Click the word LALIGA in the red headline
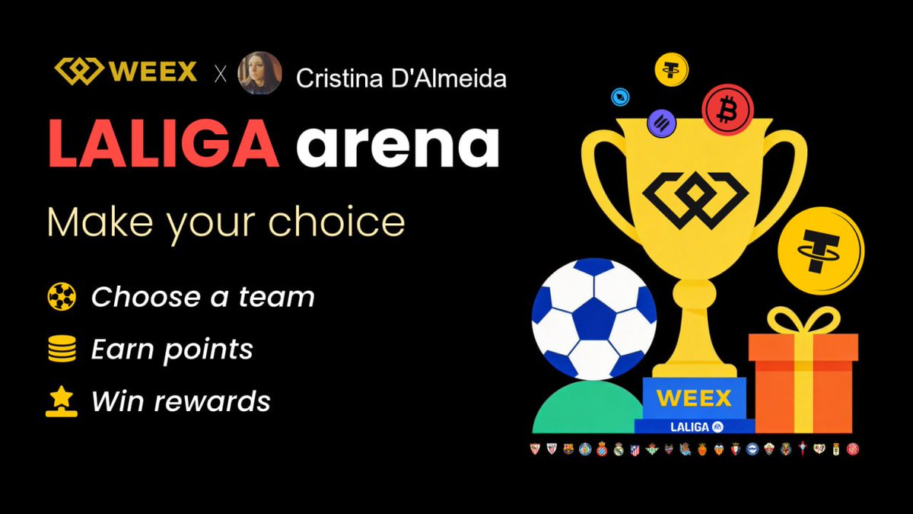[x=164, y=145]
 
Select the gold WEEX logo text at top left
[x=152, y=73]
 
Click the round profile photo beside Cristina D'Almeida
[x=259, y=73]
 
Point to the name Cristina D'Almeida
[x=402, y=78]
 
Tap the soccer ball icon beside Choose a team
[x=62, y=296]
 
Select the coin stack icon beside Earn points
[x=62, y=350]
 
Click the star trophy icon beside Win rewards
[x=62, y=401]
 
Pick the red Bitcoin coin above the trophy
[x=727, y=109]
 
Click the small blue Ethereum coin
[x=621, y=97]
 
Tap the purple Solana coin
[x=661, y=122]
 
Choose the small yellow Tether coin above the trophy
[x=671, y=70]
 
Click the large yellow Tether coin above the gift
[x=820, y=251]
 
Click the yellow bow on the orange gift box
[x=803, y=320]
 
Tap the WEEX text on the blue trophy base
[x=693, y=397]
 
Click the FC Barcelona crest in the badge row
[x=568, y=449]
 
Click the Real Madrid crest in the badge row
[x=618, y=449]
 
